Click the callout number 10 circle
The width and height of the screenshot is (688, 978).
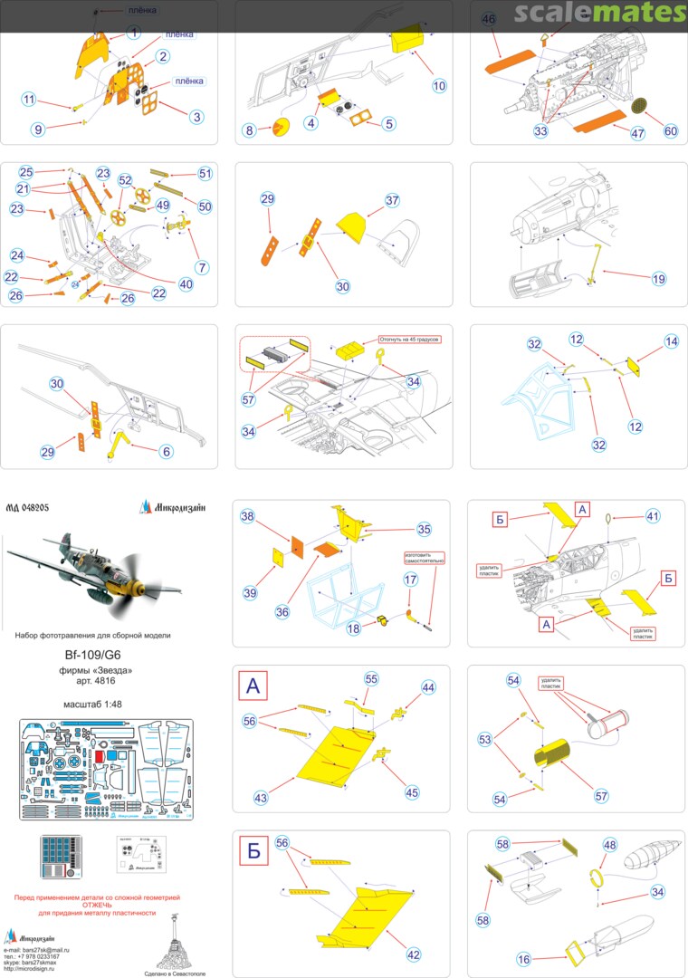coord(439,86)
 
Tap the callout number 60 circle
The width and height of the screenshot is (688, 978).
coord(670,130)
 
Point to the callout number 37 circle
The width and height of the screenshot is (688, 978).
coord(392,200)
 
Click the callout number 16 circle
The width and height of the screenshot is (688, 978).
coord(523,959)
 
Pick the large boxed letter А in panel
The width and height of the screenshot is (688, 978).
coord(253,687)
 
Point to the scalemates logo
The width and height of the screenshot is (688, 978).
coord(600,13)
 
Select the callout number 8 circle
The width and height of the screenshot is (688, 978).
coord(249,130)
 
